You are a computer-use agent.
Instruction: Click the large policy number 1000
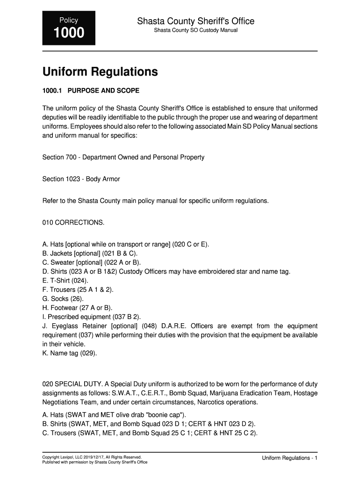point(69,33)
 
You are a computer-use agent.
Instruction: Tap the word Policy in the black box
point(68,20)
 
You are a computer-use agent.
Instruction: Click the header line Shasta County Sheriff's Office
point(195,21)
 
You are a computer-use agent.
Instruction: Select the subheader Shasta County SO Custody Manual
point(196,30)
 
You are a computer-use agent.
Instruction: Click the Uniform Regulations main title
point(100,72)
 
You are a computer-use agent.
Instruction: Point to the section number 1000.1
point(51,90)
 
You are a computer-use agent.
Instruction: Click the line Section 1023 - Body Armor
point(81,179)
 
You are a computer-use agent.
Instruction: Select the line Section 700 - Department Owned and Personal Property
point(123,157)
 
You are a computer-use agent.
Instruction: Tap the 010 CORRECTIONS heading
point(73,222)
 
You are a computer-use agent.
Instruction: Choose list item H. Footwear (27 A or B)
point(78,307)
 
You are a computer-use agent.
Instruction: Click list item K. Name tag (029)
point(70,353)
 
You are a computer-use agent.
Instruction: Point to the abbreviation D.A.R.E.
point(176,326)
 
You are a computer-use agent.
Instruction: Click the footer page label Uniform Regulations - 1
point(289,458)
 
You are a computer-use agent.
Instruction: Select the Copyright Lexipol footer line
point(92,457)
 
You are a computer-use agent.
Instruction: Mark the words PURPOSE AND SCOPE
point(103,90)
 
